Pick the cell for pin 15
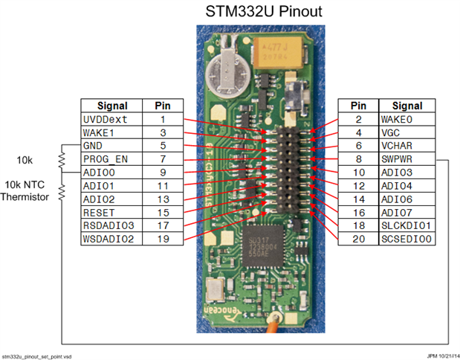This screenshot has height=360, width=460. pyautogui.click(x=162, y=213)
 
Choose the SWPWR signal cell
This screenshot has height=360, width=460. pyautogui.click(x=407, y=159)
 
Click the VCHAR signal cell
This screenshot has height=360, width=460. pyautogui.click(x=407, y=146)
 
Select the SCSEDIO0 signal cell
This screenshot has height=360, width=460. pyautogui.click(x=407, y=239)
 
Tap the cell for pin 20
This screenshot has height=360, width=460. pyautogui.click(x=358, y=239)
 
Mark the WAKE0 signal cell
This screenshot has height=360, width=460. pyautogui.click(x=407, y=119)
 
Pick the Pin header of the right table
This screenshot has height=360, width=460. pyautogui.click(x=358, y=106)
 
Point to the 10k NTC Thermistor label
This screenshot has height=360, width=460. pyautogui.click(x=28, y=190)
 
